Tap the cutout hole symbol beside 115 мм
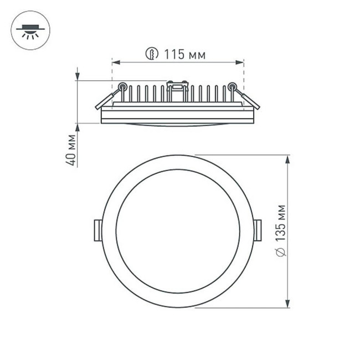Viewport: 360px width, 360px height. pos(150,54)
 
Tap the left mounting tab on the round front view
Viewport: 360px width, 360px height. pos(97,230)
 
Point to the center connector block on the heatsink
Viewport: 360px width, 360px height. pos(177,86)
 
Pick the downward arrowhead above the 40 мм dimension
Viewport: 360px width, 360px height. pos(77,76)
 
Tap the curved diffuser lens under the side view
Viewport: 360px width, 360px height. pos(177,125)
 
